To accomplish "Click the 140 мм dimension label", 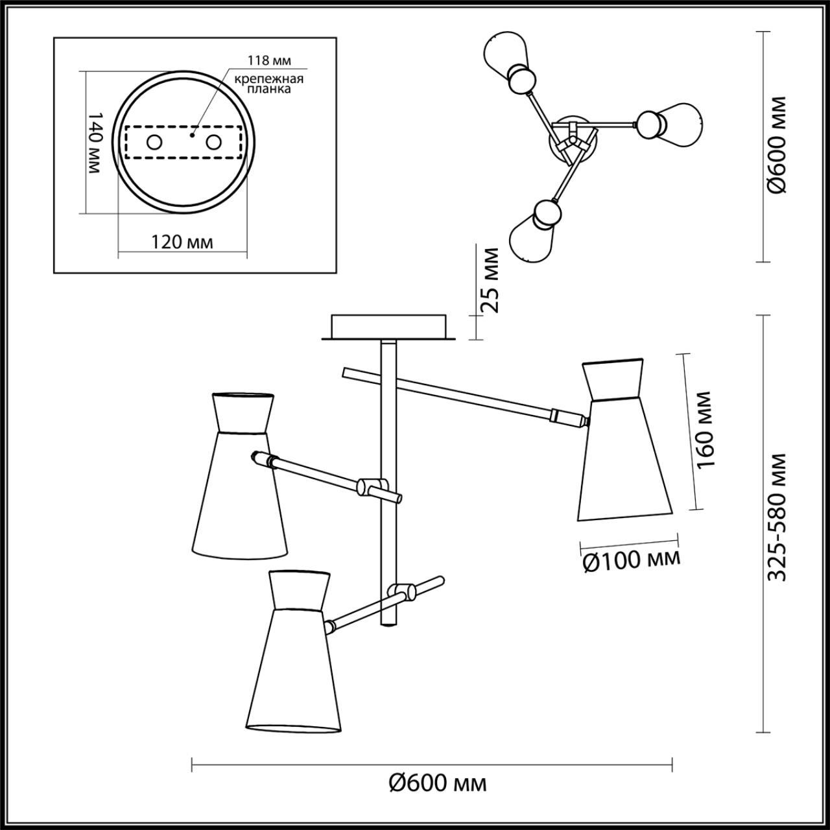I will [95, 142].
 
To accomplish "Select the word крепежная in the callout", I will [269, 79].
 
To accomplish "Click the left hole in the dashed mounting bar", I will [154, 142].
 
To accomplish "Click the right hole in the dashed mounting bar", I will [214, 142].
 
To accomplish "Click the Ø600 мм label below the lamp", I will [438, 783].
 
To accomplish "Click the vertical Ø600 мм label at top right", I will [776, 145].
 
